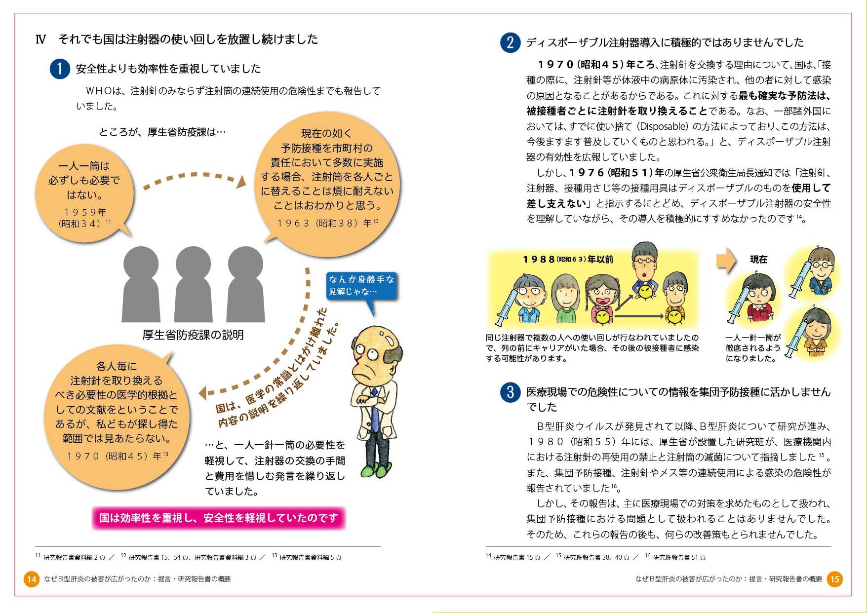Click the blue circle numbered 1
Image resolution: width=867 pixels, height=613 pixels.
60,69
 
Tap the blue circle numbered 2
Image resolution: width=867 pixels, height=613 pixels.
510,42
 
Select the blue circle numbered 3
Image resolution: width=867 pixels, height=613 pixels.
510,392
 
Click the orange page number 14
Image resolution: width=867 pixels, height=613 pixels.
32,579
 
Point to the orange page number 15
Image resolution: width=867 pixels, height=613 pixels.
835,579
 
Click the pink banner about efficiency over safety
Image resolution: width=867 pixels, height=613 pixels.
218,518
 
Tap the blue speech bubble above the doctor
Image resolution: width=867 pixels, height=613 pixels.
361,286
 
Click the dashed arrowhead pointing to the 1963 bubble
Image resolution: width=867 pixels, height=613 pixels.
240,182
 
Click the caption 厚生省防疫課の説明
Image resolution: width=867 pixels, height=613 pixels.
193,335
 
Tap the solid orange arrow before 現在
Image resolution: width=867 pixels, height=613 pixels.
726,260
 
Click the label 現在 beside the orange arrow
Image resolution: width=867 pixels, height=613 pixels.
759,260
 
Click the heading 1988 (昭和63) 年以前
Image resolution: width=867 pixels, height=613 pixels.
568,259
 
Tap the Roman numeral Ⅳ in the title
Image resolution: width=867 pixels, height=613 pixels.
40,39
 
